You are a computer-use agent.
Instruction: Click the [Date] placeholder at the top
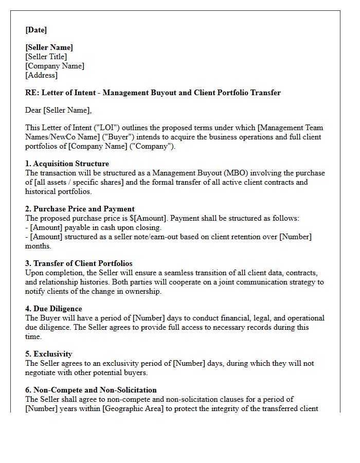pyautogui.click(x=36, y=30)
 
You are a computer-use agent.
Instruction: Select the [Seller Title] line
pyautogui.click(x=46, y=57)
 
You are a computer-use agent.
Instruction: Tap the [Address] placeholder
pyautogui.click(x=41, y=75)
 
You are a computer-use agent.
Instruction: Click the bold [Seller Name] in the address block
pyautogui.click(x=49, y=47)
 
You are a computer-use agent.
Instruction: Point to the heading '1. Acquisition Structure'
pyautogui.click(x=67, y=164)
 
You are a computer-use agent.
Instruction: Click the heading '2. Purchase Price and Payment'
pyautogui.click(x=80, y=209)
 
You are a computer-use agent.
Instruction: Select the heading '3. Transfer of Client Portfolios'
pyautogui.click(x=79, y=263)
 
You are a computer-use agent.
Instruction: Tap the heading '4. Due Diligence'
pyautogui.click(x=53, y=309)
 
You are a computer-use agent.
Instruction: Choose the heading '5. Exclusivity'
pyautogui.click(x=48, y=354)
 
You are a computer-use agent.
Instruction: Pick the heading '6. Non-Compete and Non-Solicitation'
pyautogui.click(x=91, y=390)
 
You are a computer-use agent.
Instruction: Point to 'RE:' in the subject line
pyautogui.click(x=31, y=93)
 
